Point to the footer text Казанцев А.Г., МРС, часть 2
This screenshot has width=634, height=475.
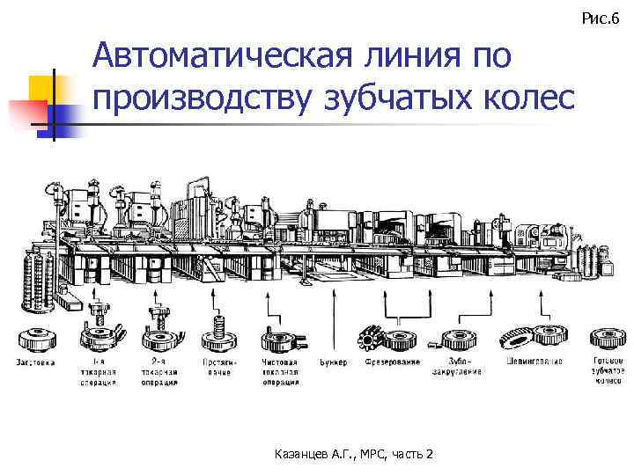point(353,453)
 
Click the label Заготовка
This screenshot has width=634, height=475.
point(35,362)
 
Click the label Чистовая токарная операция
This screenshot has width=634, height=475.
point(281,371)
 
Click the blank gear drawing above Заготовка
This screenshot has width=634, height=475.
point(35,339)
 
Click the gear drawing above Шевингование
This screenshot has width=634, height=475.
point(536,337)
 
